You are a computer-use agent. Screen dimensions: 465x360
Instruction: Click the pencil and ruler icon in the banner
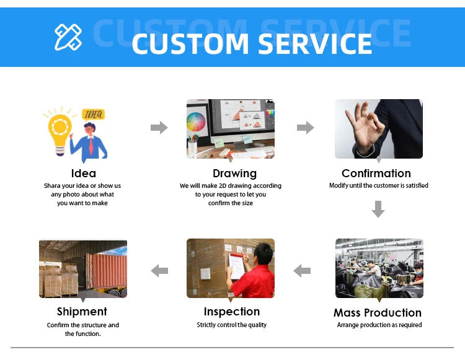click(x=68, y=37)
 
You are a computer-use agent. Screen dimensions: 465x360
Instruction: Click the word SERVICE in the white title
click(x=315, y=43)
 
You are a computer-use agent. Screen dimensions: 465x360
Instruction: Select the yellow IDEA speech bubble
click(x=94, y=115)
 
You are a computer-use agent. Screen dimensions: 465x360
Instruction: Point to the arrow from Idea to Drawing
click(x=159, y=128)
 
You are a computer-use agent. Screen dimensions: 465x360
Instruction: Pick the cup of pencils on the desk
click(x=192, y=145)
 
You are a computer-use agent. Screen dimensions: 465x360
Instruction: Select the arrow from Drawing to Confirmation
click(x=306, y=128)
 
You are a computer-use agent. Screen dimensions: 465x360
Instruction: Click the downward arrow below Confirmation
click(x=378, y=209)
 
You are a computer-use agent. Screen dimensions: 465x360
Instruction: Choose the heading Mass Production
click(x=378, y=312)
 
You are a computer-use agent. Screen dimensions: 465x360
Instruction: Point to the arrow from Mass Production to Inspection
click(x=302, y=271)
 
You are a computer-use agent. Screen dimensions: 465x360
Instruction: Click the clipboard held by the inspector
click(x=236, y=266)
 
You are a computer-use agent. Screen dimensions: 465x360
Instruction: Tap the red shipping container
click(x=110, y=271)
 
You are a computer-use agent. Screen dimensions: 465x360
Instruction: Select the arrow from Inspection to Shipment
click(x=159, y=271)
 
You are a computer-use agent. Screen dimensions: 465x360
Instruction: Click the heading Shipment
click(x=82, y=312)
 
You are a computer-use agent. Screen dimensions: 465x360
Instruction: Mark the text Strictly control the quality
click(x=232, y=325)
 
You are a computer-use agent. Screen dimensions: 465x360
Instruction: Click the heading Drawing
click(x=234, y=173)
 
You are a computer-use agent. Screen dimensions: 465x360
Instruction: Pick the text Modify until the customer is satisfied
click(x=379, y=185)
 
